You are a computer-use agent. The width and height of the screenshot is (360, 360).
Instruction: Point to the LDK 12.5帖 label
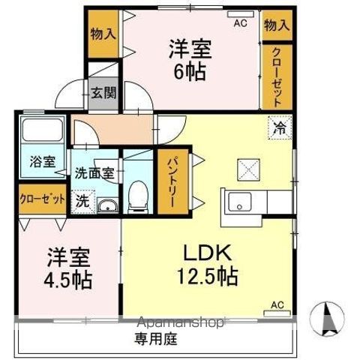click(x=208, y=264)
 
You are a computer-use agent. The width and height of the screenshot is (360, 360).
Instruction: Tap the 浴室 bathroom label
click(x=42, y=161)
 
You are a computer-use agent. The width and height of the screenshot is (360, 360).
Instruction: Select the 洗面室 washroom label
click(x=94, y=172)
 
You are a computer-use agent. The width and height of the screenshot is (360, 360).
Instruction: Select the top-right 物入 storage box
click(x=276, y=25)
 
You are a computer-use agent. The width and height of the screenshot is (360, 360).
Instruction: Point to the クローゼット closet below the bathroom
click(x=41, y=201)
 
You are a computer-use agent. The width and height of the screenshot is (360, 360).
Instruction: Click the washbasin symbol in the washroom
click(x=108, y=206)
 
